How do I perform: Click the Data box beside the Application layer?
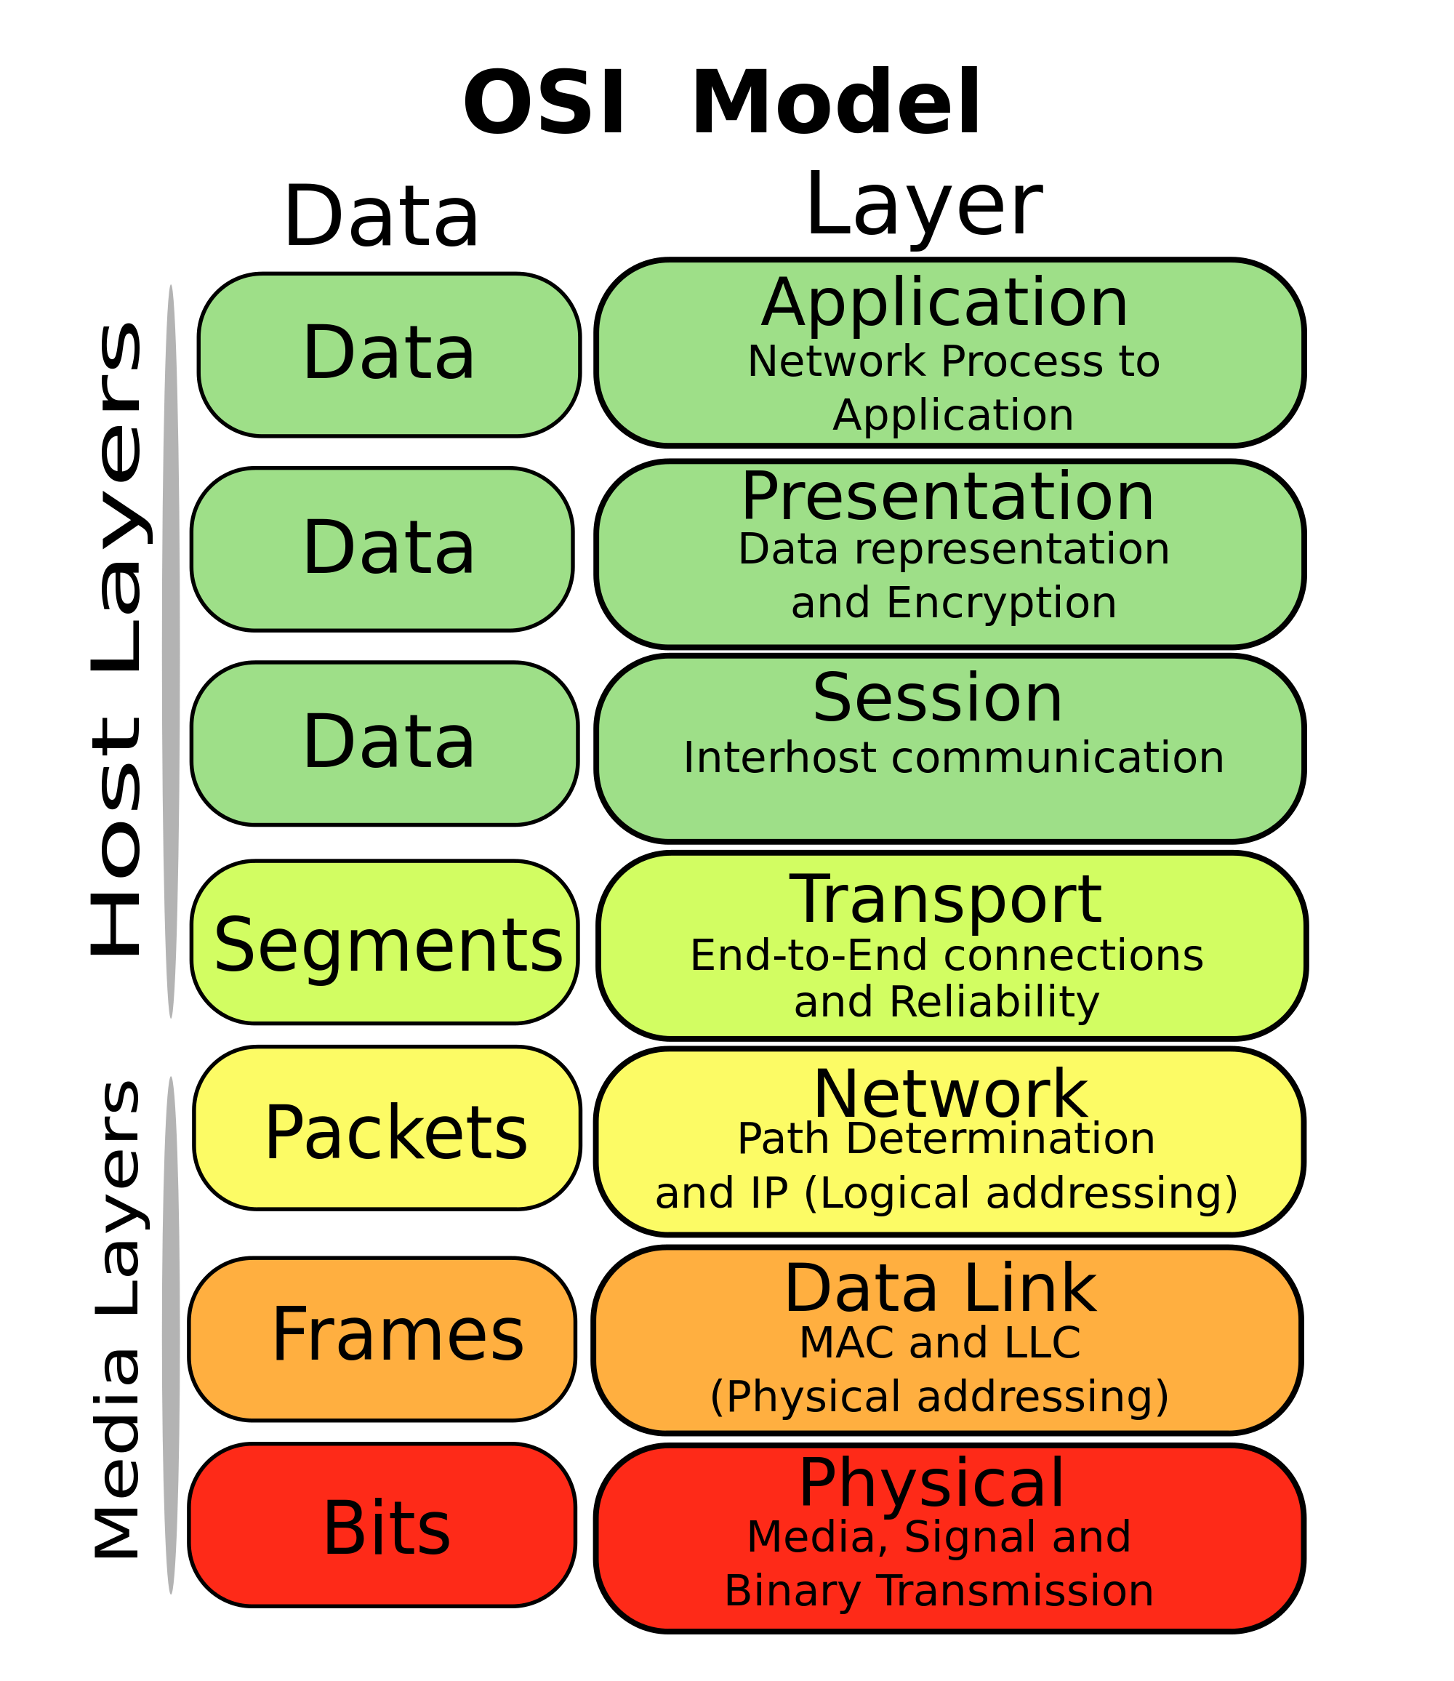[x=389, y=355]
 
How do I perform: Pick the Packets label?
[x=396, y=1134]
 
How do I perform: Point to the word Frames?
[x=398, y=1336]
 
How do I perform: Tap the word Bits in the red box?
[x=386, y=1529]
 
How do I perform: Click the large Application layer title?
[x=944, y=304]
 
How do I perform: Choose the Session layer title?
[x=937, y=699]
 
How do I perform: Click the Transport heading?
[x=945, y=901]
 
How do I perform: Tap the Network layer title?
[x=950, y=1095]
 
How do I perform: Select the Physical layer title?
[x=931, y=1484]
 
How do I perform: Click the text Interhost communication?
[x=953, y=759]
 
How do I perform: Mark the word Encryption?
[x=1001, y=604]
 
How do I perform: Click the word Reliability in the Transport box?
[x=994, y=1003]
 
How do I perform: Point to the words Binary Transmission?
[x=939, y=1592]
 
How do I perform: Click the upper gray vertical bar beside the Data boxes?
[x=170, y=649]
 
